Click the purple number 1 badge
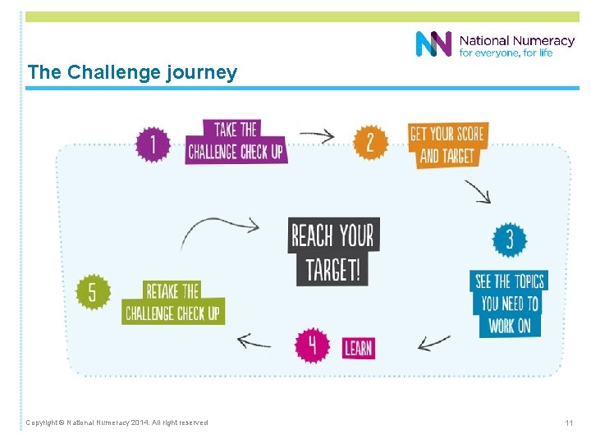tap(153, 145)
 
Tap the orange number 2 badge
tap(370, 142)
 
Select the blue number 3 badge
tap(509, 240)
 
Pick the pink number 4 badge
tap(312, 345)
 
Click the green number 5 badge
tap(93, 293)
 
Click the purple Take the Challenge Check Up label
tap(236, 141)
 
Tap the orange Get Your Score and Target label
tap(447, 144)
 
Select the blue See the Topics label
tap(508, 303)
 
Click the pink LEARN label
tap(358, 348)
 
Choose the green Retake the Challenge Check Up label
tap(173, 302)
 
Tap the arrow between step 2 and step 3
tap(477, 191)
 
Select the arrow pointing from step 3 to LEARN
tap(433, 340)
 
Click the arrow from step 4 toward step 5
tap(254, 340)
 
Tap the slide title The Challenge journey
tap(132, 72)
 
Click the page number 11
tap(568, 422)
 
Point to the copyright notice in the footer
tap(117, 422)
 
